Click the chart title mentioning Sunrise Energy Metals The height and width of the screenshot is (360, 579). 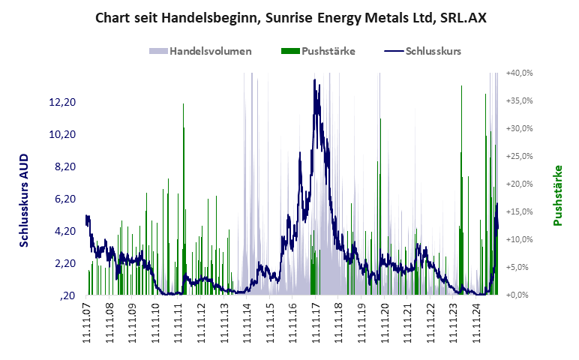click(x=290, y=17)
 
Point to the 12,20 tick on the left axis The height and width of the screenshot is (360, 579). click(x=63, y=102)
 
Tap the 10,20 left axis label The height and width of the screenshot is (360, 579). click(x=63, y=134)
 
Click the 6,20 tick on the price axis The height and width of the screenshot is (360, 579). click(x=63, y=199)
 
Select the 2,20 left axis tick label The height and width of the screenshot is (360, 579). click(x=63, y=263)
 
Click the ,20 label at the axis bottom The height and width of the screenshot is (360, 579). click(x=67, y=295)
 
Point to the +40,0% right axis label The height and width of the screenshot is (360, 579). click(x=519, y=73)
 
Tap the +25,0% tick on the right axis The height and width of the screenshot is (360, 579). click(x=519, y=156)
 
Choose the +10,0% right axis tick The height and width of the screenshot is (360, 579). click(x=519, y=239)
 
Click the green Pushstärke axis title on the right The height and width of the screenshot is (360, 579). click(x=557, y=196)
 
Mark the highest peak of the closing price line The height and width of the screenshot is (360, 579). click(x=315, y=79)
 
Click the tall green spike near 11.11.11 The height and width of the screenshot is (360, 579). click(x=183, y=105)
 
